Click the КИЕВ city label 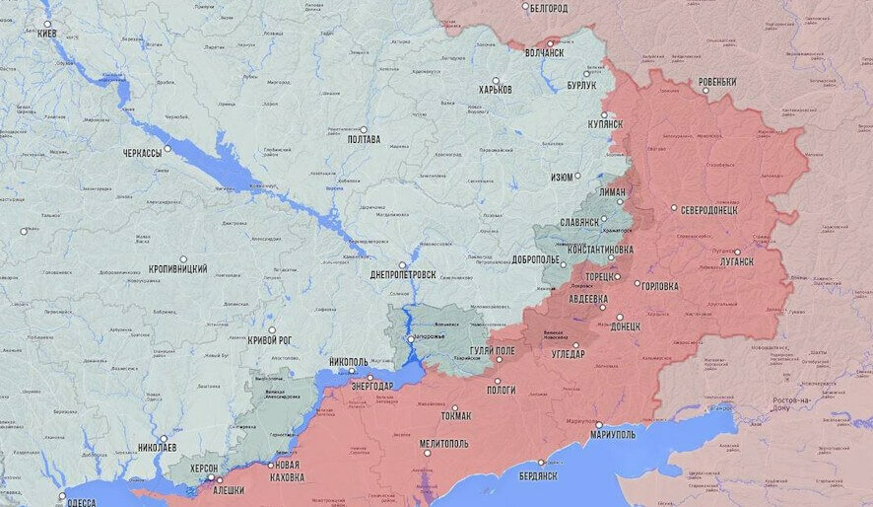pyautogui.click(x=46, y=34)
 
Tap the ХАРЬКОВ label pyautogui.click(x=495, y=90)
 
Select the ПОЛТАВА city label pyautogui.click(x=364, y=140)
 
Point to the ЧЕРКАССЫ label pyautogui.click(x=142, y=154)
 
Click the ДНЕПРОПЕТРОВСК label pyautogui.click(x=403, y=274)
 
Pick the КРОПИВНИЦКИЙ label pyautogui.click(x=177, y=268)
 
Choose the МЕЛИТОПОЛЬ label pyautogui.click(x=444, y=444)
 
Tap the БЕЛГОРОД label pyautogui.click(x=549, y=9)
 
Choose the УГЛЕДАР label pyautogui.click(x=568, y=354)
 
